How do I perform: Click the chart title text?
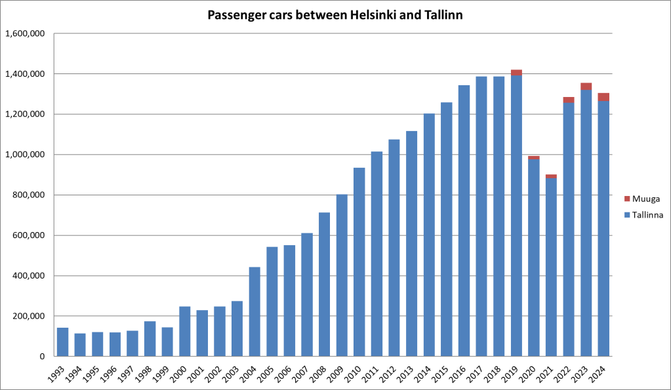(x=335, y=15)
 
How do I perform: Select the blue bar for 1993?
(x=63, y=341)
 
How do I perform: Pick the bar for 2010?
(x=359, y=262)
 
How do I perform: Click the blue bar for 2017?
(x=481, y=216)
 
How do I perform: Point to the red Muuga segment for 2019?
(x=516, y=73)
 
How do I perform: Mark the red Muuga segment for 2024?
(x=603, y=97)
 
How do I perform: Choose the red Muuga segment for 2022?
(x=569, y=100)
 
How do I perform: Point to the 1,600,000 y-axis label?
(x=24, y=33)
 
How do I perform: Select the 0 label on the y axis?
(x=41, y=357)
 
